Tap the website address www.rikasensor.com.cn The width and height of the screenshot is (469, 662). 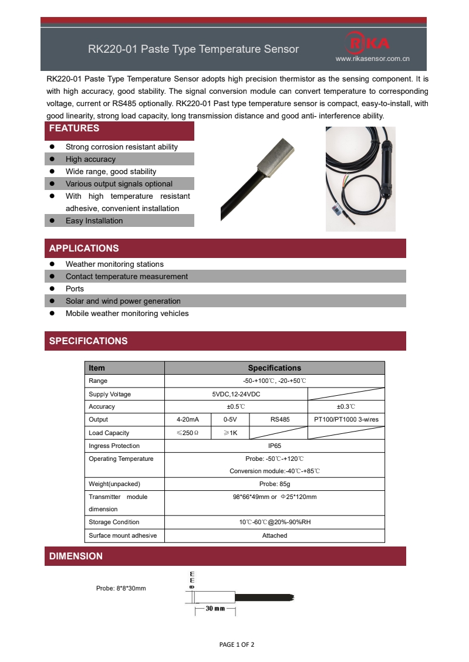pos(372,59)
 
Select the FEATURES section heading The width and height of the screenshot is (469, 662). pos(74,128)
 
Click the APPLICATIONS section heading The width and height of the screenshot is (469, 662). pos(84,248)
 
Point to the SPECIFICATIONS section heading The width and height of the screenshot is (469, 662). pos(88,341)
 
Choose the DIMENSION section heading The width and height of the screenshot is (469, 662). pos(76,556)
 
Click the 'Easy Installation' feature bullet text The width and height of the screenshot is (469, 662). pos(94,220)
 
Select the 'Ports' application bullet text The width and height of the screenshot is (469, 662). pos(75,288)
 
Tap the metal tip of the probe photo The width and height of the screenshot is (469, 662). pos(274,158)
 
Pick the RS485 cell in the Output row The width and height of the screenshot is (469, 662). pos(279,419)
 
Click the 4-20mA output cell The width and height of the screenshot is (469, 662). pos(188,419)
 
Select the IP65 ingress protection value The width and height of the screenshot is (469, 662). pos(274,446)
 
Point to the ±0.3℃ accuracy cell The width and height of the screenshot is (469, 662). pos(346,406)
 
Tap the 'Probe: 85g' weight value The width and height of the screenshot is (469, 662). pos(274,484)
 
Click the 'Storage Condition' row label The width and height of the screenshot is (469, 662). pos(114,522)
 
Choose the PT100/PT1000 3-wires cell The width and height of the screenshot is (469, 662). pos(346,419)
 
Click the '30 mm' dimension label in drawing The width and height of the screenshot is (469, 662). pos(215,609)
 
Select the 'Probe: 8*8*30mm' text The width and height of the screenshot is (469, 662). pos(121,588)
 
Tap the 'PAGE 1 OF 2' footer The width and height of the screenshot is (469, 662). pos(237,644)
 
